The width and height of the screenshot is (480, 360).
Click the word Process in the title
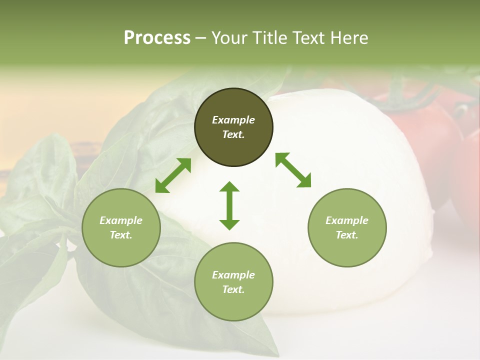coord(157,38)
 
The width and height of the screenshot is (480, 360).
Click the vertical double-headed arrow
coord(229,205)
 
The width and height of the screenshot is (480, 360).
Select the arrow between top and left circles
coord(173,175)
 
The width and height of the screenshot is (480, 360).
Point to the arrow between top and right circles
coord(293,170)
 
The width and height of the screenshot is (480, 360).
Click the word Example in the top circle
coord(233,120)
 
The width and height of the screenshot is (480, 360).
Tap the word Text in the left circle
coord(121,235)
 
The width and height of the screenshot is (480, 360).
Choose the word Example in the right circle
coord(347,220)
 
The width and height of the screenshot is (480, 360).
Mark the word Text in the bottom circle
coord(233,289)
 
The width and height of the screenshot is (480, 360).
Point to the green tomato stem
coord(400,95)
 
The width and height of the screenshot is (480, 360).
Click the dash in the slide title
coord(200,38)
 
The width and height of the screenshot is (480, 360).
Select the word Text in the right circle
coord(347,235)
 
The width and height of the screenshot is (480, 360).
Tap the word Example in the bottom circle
coord(233,275)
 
